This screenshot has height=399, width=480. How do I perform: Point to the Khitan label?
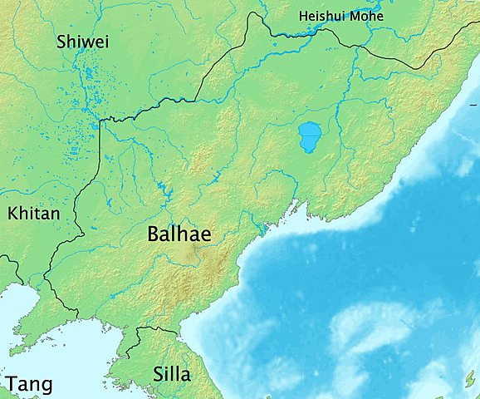[33, 214]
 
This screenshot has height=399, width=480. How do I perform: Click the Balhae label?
[179, 234]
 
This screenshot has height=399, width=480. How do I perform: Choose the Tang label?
[29, 384]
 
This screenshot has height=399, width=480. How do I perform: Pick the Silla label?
[172, 374]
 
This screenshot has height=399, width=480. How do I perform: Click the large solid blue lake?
[310, 136]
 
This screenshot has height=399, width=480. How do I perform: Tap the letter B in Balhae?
[153, 234]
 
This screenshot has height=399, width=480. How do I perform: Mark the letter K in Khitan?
[12, 214]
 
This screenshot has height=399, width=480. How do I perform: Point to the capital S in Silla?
[158, 374]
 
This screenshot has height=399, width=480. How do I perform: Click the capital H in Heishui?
[304, 17]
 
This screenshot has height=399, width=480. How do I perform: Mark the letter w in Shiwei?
[86, 43]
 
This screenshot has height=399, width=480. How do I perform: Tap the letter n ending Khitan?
[55, 215]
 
